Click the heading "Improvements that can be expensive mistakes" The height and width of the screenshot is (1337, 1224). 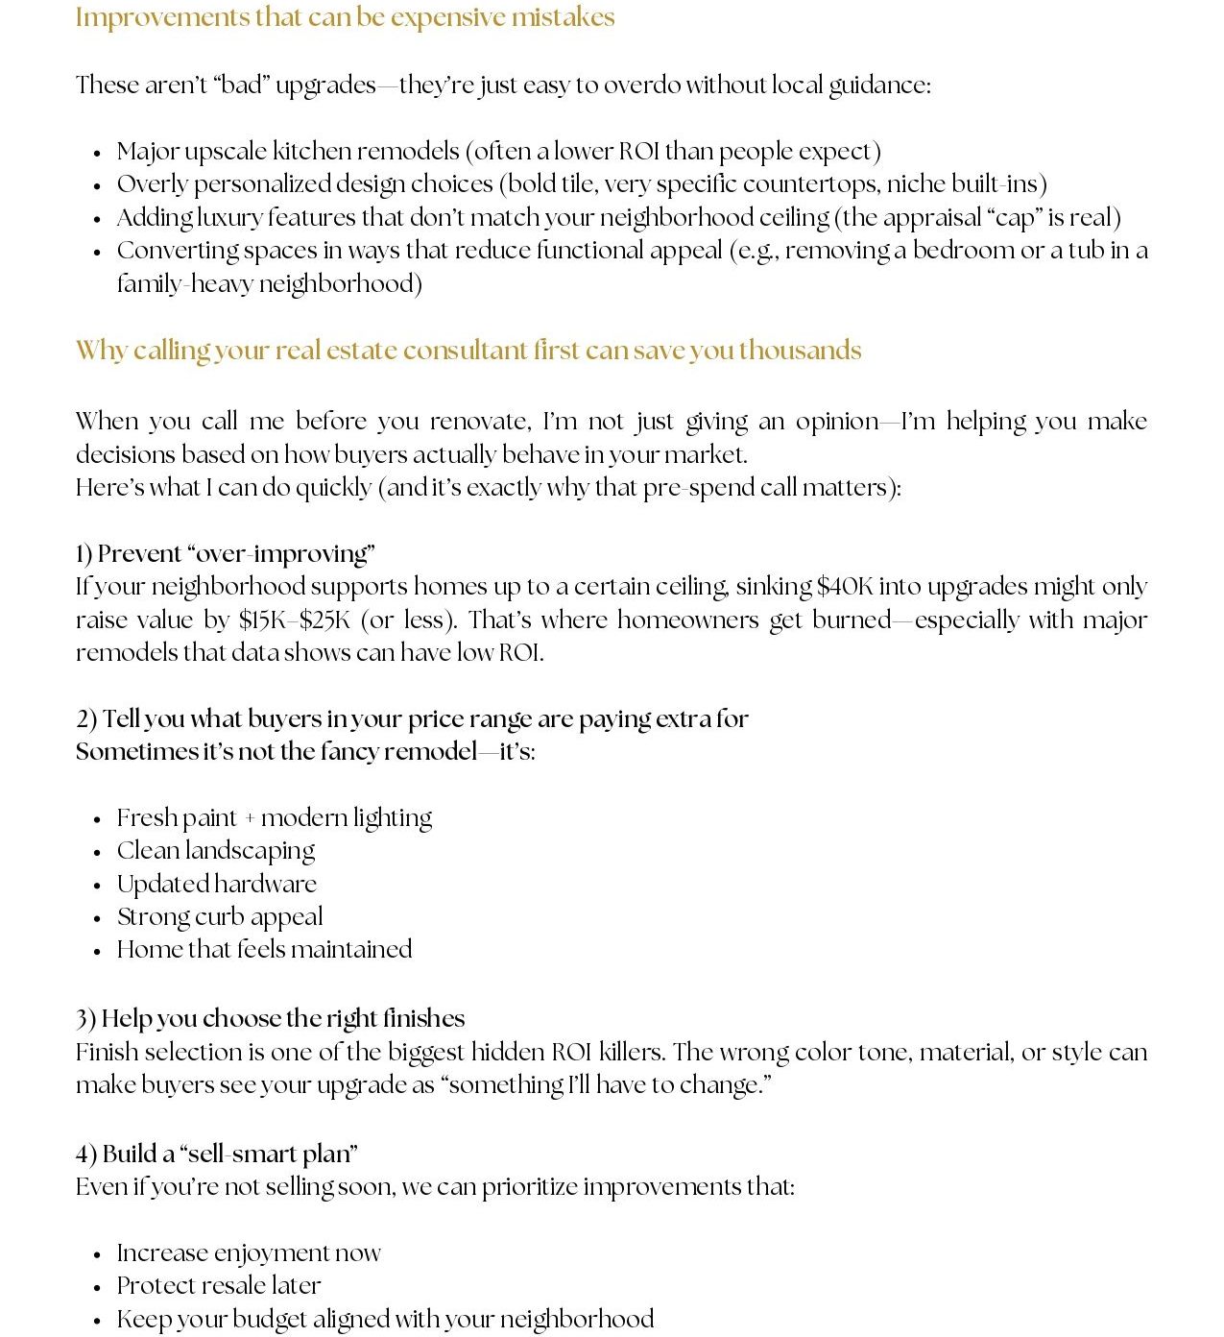click(x=345, y=18)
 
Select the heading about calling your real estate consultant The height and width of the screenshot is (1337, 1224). click(x=468, y=351)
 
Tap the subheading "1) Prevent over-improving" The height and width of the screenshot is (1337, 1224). click(x=225, y=554)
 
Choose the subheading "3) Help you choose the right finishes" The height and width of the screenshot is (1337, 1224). click(x=270, y=1019)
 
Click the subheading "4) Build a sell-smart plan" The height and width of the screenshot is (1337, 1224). click(x=216, y=1155)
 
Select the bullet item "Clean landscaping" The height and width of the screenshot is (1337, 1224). click(x=215, y=851)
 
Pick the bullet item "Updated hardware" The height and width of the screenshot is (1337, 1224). click(x=216, y=885)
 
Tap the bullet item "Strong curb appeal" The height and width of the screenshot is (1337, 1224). click(x=219, y=917)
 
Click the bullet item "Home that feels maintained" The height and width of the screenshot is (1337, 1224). click(x=264, y=950)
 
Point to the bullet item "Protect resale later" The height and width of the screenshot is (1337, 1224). click(x=218, y=1286)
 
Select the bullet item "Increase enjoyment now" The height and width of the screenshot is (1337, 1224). click(x=248, y=1253)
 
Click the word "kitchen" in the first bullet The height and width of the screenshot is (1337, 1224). click(x=312, y=152)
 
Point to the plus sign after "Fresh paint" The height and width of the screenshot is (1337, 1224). click(x=250, y=819)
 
